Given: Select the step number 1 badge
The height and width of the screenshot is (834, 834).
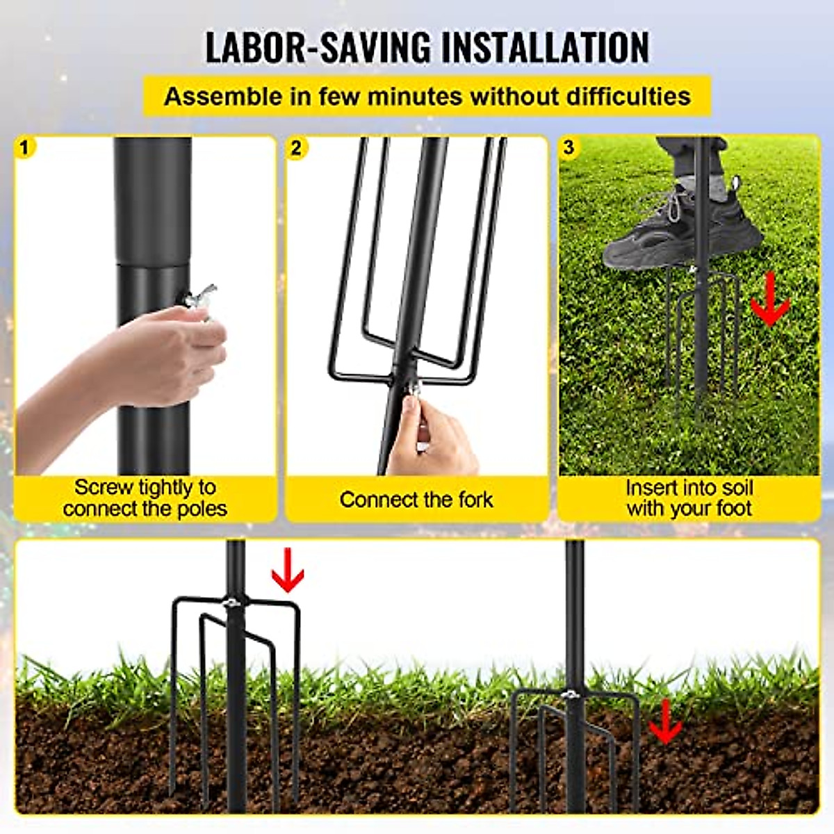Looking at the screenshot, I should pyautogui.click(x=26, y=147).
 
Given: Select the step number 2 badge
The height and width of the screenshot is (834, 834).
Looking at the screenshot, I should pyautogui.click(x=297, y=147).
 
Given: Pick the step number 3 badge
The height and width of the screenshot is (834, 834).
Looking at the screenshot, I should pyautogui.click(x=570, y=147).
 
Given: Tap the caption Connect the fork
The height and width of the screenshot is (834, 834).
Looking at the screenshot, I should pyautogui.click(x=416, y=499).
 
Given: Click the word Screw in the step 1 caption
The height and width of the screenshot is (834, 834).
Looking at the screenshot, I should pyautogui.click(x=104, y=487).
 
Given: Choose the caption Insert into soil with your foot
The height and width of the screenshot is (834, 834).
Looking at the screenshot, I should pyautogui.click(x=689, y=498).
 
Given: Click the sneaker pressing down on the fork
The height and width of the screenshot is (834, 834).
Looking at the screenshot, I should pyautogui.click(x=667, y=229).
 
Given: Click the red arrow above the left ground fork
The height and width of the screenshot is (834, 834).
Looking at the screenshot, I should pyautogui.click(x=287, y=571).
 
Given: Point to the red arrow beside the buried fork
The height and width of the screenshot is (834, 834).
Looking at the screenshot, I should pyautogui.click(x=665, y=722).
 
